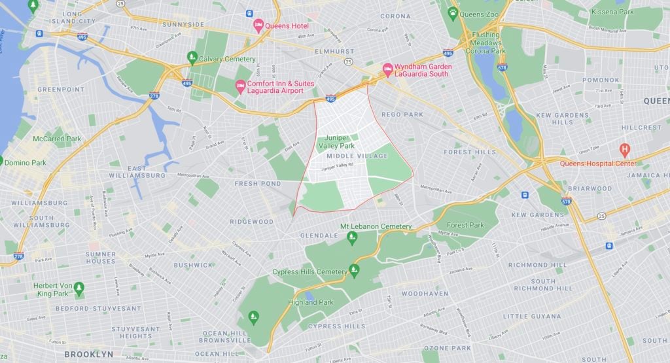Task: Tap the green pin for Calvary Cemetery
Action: (x=192, y=57)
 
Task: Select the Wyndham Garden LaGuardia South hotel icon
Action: (x=387, y=69)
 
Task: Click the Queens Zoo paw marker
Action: (x=453, y=12)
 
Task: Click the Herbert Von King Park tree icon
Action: (x=79, y=287)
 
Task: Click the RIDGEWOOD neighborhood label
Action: (x=253, y=222)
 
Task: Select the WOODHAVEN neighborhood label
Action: (x=425, y=294)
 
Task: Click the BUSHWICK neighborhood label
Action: (x=193, y=265)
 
